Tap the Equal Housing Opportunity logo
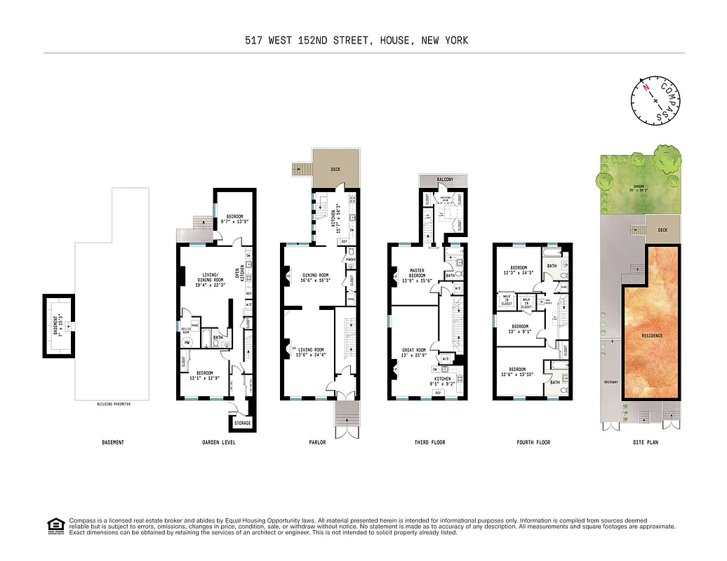point(53,525)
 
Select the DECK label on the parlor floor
point(335,169)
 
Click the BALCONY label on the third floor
point(445,180)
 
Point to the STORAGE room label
point(242,424)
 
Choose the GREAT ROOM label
point(413,353)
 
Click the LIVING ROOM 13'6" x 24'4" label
point(310,352)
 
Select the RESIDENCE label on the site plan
point(652,336)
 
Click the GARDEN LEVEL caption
point(218,442)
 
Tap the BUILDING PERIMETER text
point(113,405)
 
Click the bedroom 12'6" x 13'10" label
point(517,371)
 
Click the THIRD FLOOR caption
point(429,442)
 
